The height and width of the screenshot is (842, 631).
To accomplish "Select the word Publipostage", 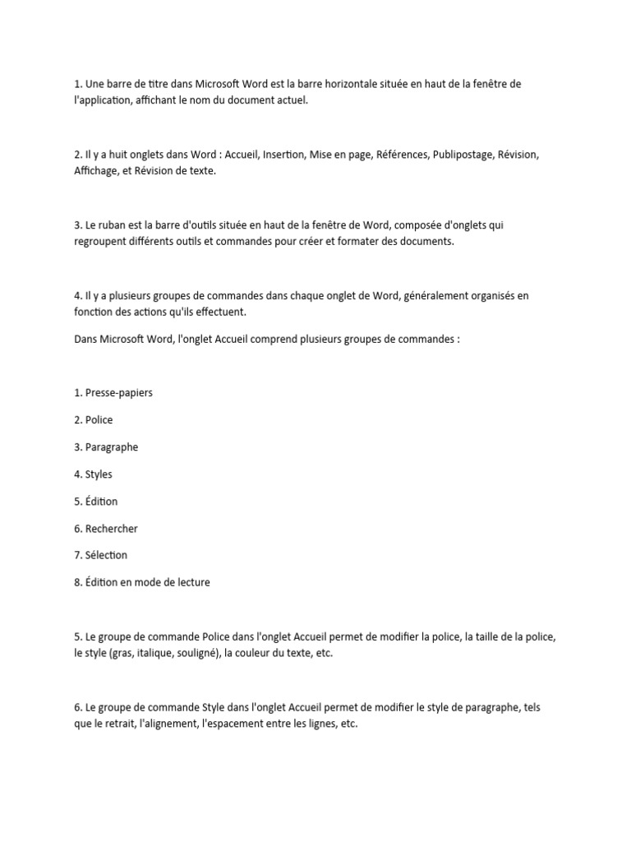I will (463, 155).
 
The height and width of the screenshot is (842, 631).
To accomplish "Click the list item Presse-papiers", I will (118, 392).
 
